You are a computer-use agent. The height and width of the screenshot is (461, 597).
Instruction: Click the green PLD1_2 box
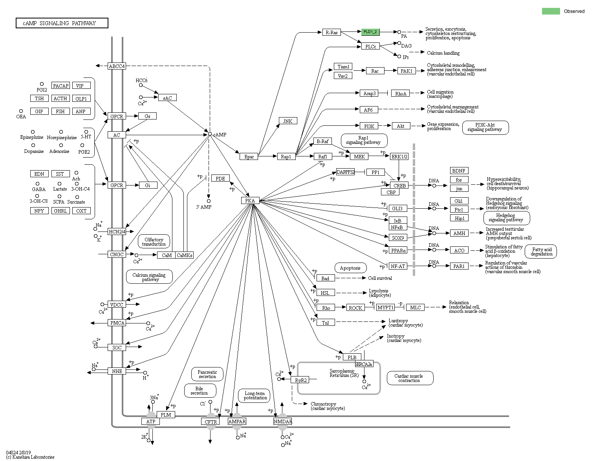[370, 32]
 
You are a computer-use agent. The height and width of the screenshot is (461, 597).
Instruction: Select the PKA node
[250, 201]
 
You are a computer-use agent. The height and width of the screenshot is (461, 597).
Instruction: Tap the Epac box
[249, 157]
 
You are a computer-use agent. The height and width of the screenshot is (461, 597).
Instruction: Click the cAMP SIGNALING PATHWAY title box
[62, 23]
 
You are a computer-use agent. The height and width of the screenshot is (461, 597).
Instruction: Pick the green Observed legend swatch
[551, 11]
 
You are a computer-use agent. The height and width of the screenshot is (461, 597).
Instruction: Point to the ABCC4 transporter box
[117, 66]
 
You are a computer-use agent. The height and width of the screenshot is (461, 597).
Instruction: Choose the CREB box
[399, 185]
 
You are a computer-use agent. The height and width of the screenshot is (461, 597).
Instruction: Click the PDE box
[220, 178]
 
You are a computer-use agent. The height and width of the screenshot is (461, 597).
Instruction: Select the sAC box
[168, 98]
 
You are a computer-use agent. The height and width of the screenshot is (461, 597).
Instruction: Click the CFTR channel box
[211, 422]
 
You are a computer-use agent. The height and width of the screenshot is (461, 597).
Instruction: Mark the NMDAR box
[283, 422]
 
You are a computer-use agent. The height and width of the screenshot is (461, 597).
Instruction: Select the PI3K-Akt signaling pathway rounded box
[485, 127]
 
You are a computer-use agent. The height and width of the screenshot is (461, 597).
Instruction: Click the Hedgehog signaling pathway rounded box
[506, 218]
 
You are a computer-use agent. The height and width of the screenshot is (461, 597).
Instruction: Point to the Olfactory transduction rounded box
[154, 242]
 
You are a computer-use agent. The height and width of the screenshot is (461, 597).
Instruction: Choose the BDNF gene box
[459, 171]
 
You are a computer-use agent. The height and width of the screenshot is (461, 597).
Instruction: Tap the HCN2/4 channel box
[117, 231]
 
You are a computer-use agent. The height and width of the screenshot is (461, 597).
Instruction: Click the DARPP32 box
[345, 172]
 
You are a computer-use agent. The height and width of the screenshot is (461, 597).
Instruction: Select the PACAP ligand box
[60, 86]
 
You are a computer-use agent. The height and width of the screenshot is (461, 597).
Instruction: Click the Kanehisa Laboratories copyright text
[30, 457]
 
